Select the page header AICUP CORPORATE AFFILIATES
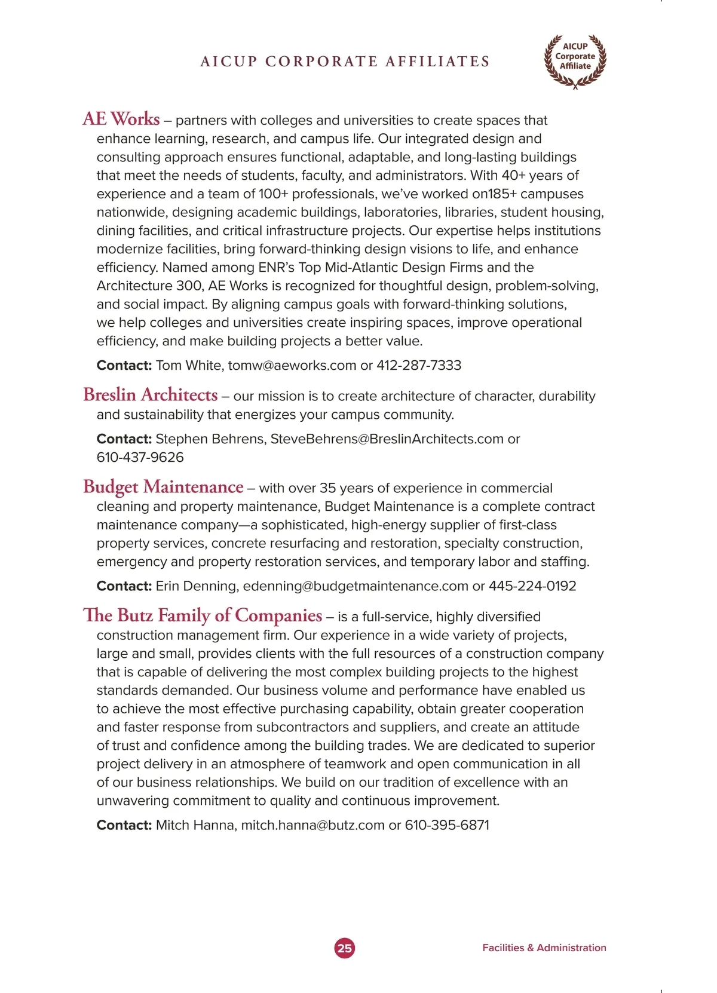tap(345, 62)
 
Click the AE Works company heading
tap(121, 119)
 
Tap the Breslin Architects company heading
tap(151, 395)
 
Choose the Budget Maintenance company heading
tap(163, 487)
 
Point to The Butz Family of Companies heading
tap(203, 615)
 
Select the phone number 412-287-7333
tap(419, 366)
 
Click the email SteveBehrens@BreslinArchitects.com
tap(387, 439)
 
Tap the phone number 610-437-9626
tap(140, 458)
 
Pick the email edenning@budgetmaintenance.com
tap(356, 586)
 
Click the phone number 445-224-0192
tap(532, 586)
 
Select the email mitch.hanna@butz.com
tap(312, 826)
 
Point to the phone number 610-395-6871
tap(447, 826)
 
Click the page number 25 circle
tap(344, 948)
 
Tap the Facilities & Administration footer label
tap(544, 948)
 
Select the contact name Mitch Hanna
tap(195, 826)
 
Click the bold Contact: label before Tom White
tap(124, 366)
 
